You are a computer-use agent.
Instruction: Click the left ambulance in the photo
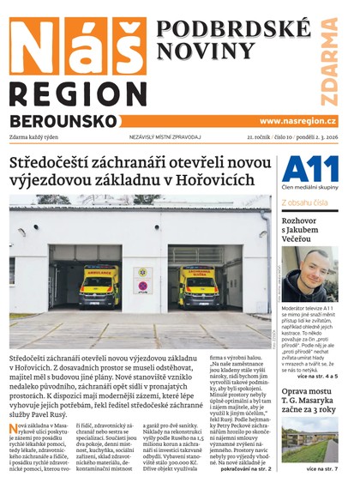click(x=99, y=287)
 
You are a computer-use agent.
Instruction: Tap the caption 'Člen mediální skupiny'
click(x=309, y=187)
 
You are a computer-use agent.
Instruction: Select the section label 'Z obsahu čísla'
click(x=304, y=203)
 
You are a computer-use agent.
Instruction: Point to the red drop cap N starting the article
click(x=14, y=429)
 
